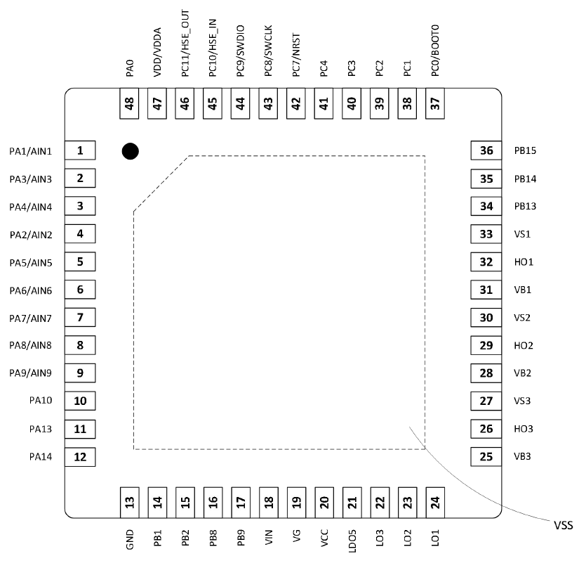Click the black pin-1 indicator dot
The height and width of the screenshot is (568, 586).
pyautogui.click(x=129, y=150)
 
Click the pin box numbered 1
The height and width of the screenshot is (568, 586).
pyautogui.click(x=80, y=150)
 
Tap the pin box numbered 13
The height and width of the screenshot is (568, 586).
pyautogui.click(x=129, y=502)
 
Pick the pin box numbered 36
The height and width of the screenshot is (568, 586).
pyautogui.click(x=486, y=150)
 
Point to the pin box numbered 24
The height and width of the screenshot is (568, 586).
pyautogui.click(x=435, y=502)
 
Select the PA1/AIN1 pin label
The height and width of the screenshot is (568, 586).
pyautogui.click(x=31, y=151)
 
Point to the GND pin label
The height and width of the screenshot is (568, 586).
pyautogui.click(x=129, y=539)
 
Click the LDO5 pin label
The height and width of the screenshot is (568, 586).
pyautogui.click(x=352, y=541)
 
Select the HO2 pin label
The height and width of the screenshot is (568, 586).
pyautogui.click(x=524, y=346)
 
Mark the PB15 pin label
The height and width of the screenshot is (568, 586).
pyautogui.click(x=525, y=151)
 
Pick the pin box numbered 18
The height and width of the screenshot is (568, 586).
pyautogui.click(x=268, y=502)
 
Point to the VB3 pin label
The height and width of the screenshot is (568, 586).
pyautogui.click(x=523, y=457)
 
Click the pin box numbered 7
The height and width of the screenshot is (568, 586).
pyautogui.click(x=80, y=318)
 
